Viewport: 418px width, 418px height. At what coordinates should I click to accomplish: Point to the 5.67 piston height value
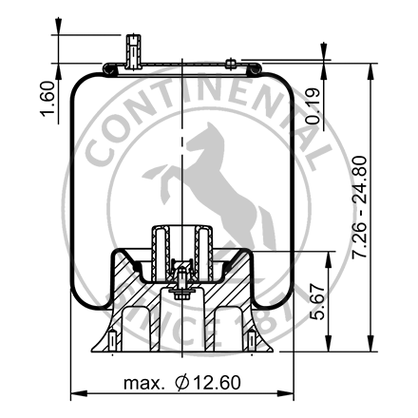(x=319, y=302)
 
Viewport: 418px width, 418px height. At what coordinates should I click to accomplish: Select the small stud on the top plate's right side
(x=231, y=65)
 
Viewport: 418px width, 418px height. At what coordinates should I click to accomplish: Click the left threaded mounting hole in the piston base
(x=112, y=338)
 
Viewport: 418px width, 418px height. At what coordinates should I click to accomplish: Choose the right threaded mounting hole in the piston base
(x=250, y=338)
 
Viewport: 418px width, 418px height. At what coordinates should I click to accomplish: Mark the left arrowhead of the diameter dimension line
(x=76, y=392)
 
